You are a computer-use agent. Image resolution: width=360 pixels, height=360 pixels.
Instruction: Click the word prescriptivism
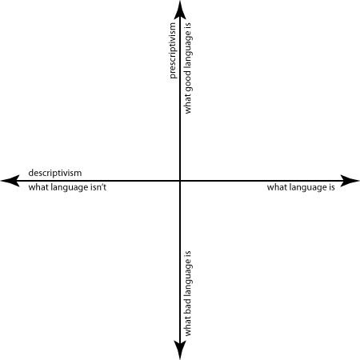(x=173, y=50)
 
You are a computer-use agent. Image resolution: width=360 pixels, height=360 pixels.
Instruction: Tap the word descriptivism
(x=55, y=173)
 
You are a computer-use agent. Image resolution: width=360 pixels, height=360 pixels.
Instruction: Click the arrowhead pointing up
(x=180, y=10)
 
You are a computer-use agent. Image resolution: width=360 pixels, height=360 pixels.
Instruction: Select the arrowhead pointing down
(x=180, y=350)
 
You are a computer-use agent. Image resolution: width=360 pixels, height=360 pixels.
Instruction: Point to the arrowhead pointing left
(x=10, y=181)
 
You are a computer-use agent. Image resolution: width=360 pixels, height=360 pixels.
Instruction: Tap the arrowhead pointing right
(x=350, y=181)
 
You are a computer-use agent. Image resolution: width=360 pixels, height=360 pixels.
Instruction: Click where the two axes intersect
(x=180, y=181)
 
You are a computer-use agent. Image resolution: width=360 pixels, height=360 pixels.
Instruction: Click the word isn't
(x=99, y=187)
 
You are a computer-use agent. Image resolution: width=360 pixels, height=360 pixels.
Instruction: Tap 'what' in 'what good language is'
(x=187, y=105)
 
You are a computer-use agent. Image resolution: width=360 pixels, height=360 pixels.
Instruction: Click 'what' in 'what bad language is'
(x=187, y=326)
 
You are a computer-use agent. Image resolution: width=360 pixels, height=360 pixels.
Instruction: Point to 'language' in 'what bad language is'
(x=188, y=278)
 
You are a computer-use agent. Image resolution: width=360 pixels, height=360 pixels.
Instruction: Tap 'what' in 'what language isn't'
(x=38, y=187)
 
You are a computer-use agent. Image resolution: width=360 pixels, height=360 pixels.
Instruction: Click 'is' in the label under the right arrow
(x=331, y=187)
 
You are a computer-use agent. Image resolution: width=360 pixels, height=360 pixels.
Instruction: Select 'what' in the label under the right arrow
(x=277, y=187)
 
